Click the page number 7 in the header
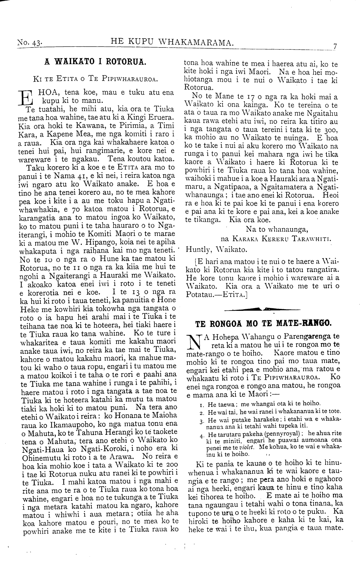tap(335, 46)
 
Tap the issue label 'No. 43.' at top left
tap(30, 43)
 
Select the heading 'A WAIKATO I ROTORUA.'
tap(96, 62)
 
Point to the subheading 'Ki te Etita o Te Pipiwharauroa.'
tap(95, 79)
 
